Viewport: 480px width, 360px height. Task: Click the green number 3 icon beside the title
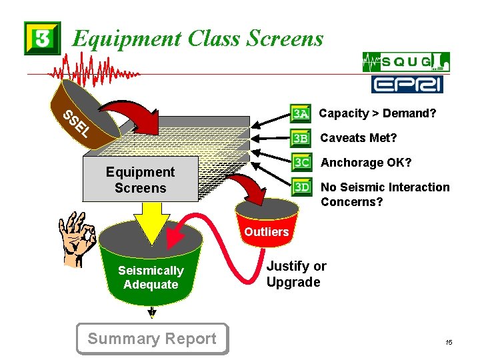[42, 38]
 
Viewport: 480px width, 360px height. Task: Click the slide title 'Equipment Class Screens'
[197, 39]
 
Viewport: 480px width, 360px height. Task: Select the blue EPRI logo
[407, 84]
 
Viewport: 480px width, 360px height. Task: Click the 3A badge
[301, 114]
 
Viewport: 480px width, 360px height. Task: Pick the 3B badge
[301, 139]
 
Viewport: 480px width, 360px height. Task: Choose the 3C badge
[301, 163]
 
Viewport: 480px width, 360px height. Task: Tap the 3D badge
[301, 187]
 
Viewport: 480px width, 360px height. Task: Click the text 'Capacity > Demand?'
[377, 113]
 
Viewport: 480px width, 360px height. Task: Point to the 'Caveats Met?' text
[359, 138]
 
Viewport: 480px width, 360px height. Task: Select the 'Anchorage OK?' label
[366, 163]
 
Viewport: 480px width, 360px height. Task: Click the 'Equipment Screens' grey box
[141, 180]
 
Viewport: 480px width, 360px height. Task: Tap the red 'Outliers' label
[266, 232]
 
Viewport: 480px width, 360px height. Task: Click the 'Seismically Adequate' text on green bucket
[151, 277]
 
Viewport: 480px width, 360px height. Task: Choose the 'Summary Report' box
[152, 339]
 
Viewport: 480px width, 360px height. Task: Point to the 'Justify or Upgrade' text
[296, 274]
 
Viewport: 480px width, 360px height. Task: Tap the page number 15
[449, 343]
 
